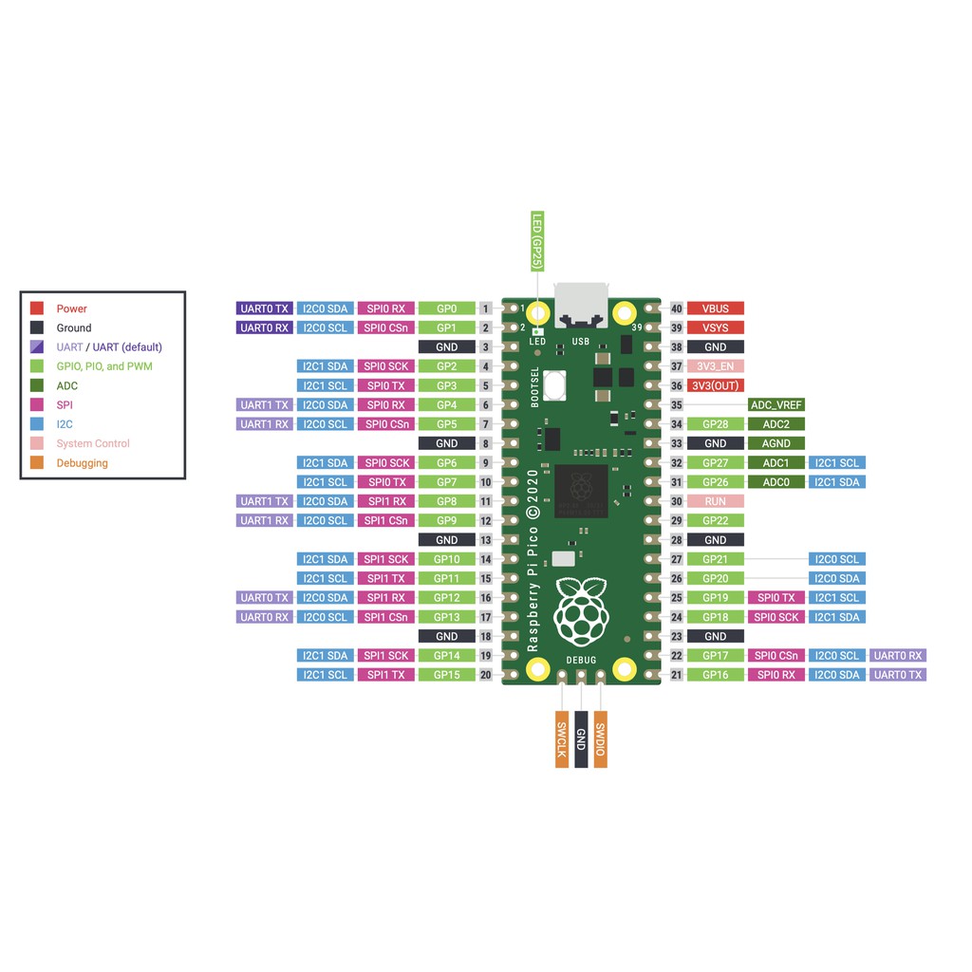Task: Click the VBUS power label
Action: [715, 308]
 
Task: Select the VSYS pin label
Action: [715, 327]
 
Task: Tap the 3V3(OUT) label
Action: [715, 385]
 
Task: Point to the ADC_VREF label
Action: [776, 404]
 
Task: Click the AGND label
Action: [776, 443]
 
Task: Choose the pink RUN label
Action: [715, 501]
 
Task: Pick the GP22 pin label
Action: [715, 520]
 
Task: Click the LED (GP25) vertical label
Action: [536, 242]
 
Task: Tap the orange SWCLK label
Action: [562, 738]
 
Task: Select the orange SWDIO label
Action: [600, 738]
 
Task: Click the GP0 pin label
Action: [446, 308]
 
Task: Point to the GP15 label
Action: [446, 675]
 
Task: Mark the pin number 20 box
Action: [486, 675]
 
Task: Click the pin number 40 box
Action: [677, 308]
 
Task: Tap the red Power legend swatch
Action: [37, 308]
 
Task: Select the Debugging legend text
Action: [82, 463]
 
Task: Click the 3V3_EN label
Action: [715, 366]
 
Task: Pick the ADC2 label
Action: [776, 424]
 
